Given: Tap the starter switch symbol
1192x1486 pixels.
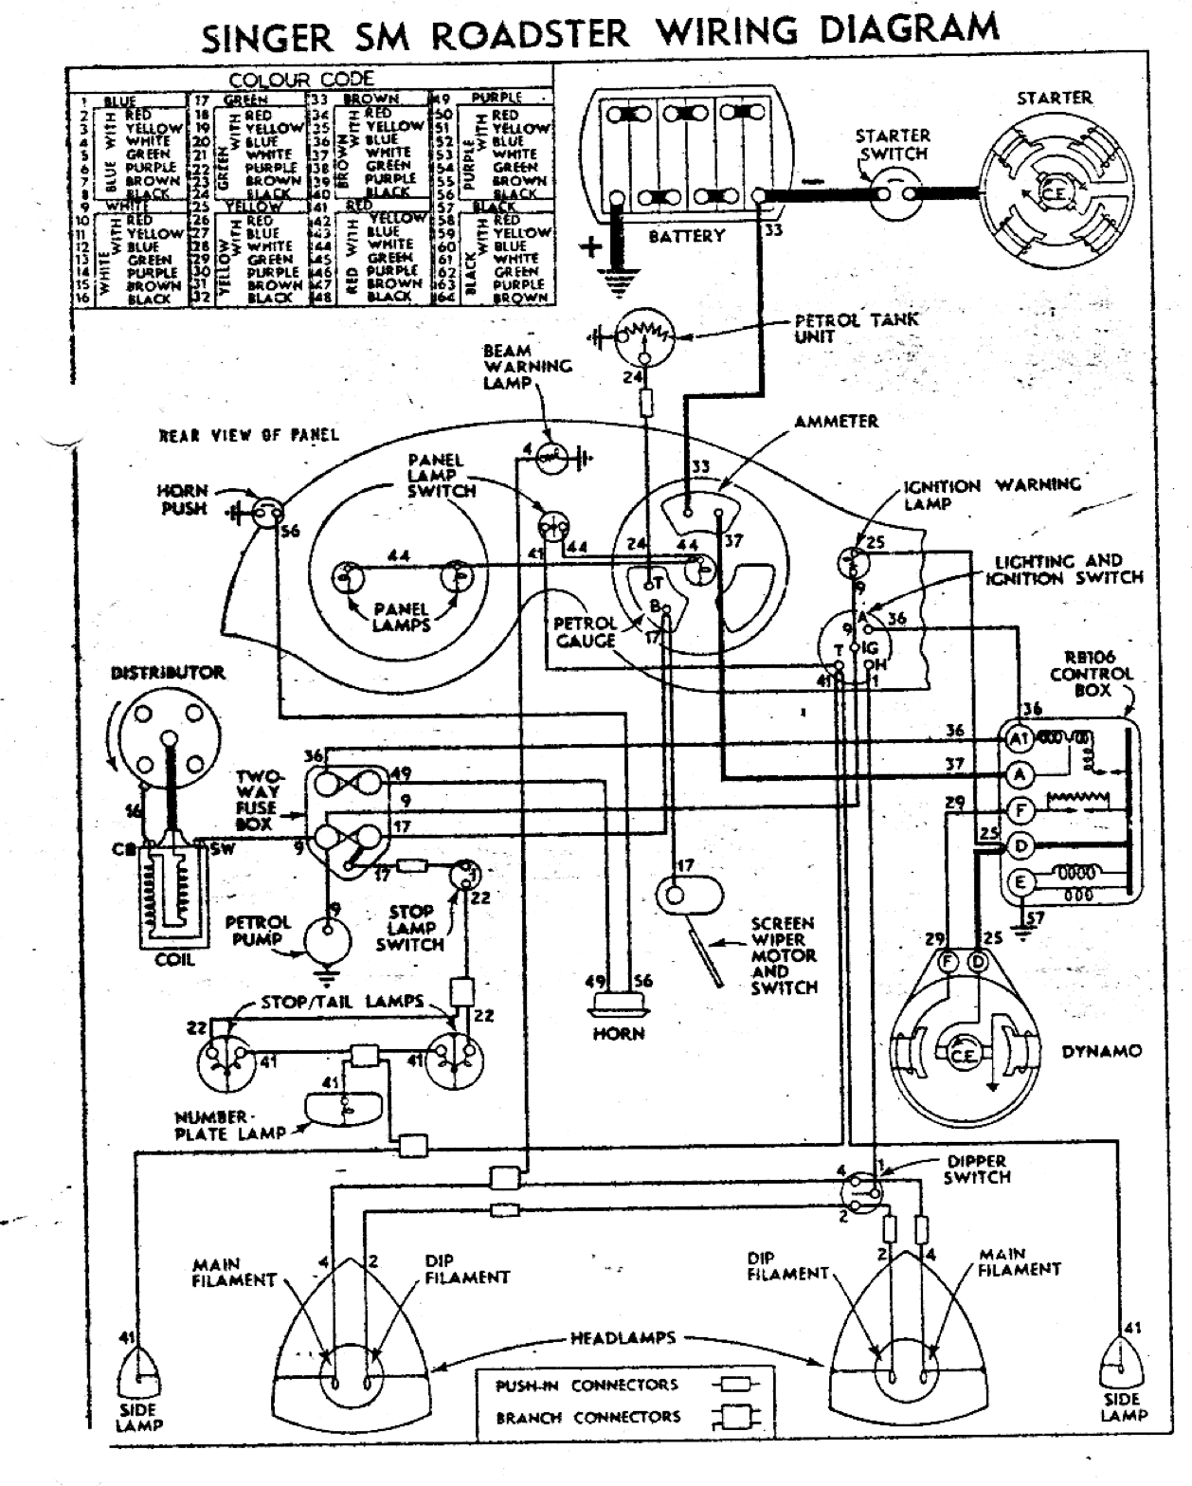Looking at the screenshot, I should tap(894, 195).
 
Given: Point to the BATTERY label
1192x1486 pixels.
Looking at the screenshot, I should tap(687, 236).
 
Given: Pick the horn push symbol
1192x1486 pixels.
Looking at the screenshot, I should tap(269, 512).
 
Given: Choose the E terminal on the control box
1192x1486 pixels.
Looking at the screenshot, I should tap(1020, 881).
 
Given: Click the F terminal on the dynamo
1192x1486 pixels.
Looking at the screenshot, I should tap(946, 962).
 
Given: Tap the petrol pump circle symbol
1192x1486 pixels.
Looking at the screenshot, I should tap(327, 942).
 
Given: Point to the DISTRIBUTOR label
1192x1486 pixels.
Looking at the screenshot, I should tap(168, 673).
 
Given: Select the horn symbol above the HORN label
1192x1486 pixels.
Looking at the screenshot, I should tap(618, 1006).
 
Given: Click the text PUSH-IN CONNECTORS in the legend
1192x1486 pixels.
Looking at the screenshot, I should tap(587, 1386).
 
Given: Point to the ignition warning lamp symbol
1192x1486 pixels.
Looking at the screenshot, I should tap(853, 561).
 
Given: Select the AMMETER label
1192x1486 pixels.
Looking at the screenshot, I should tap(836, 421).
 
